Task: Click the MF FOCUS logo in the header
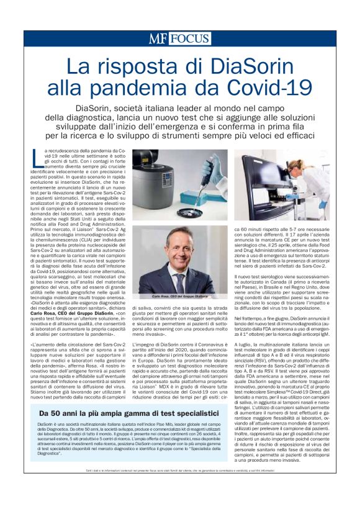(x=179, y=38)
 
